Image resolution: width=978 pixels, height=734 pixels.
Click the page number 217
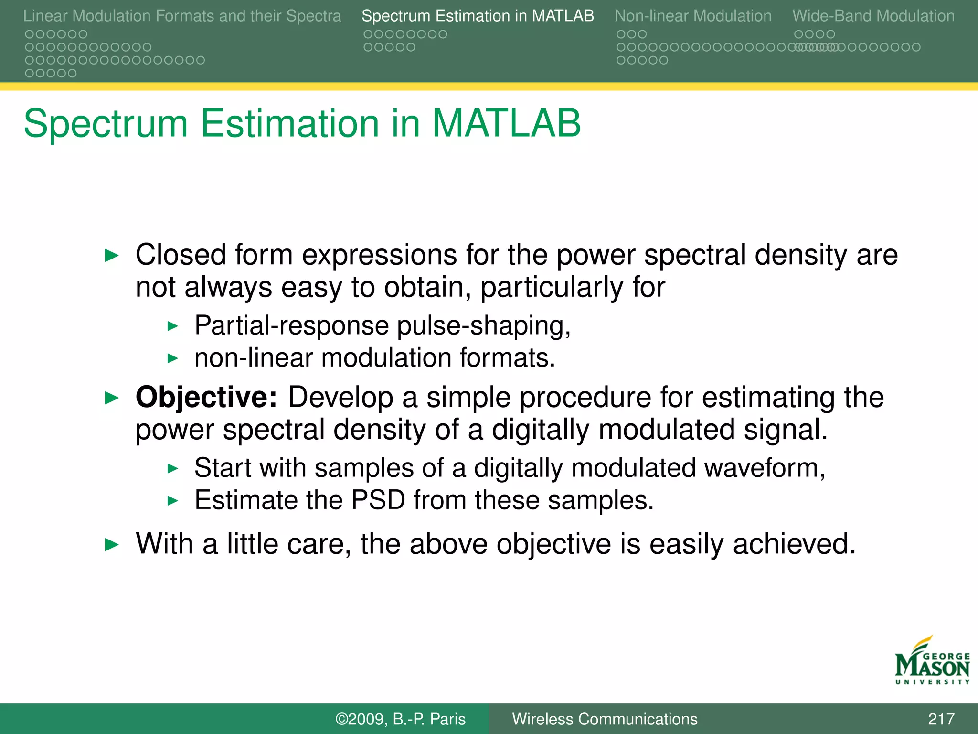pyautogui.click(x=941, y=719)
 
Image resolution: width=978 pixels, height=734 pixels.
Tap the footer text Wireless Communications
pyautogui.click(x=605, y=719)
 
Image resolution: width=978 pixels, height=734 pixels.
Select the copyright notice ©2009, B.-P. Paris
pyautogui.click(x=400, y=719)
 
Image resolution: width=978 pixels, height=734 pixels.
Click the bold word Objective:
pyautogui.click(x=206, y=397)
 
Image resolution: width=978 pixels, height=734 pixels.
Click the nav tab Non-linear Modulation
pyautogui.click(x=692, y=16)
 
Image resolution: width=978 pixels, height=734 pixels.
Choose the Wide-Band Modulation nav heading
pyautogui.click(x=873, y=16)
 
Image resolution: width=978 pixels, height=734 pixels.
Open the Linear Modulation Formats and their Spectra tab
pyautogui.click(x=182, y=16)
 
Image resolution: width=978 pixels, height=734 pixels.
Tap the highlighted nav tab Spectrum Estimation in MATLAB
pyautogui.click(x=478, y=16)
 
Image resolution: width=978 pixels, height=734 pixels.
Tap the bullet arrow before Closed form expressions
pyautogui.click(x=111, y=256)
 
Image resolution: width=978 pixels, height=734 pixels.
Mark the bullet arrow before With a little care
pyautogui.click(x=111, y=544)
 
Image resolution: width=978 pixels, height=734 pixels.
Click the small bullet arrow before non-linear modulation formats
pyautogui.click(x=172, y=358)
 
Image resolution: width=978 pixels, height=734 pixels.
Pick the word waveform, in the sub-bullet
pyautogui.click(x=764, y=468)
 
